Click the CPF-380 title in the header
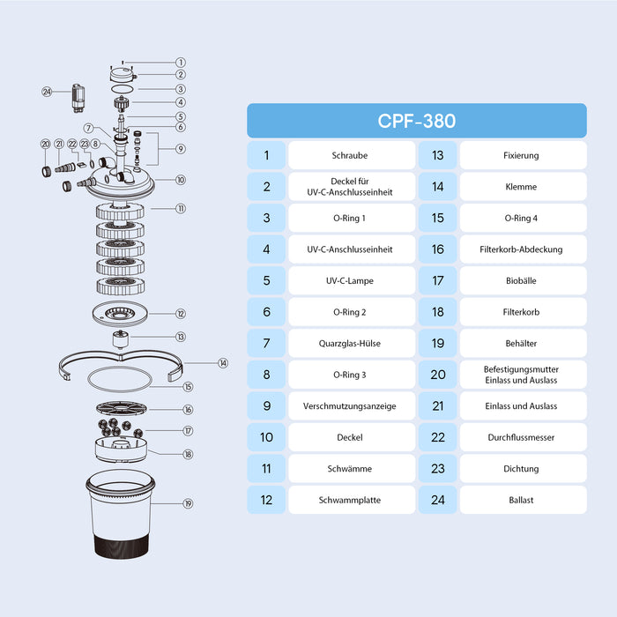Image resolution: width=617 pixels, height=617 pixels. click(416, 121)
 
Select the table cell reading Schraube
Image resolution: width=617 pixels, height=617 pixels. click(351, 155)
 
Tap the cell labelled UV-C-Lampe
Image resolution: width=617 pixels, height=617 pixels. click(351, 280)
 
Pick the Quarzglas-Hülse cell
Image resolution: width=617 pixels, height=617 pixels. click(351, 343)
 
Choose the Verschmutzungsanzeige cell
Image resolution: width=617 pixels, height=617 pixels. click(351, 405)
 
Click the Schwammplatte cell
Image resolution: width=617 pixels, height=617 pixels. click(351, 500)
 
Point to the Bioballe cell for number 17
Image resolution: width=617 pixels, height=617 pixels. click(523, 280)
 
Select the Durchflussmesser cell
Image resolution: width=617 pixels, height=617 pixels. click(523, 437)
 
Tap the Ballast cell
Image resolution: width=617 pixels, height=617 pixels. click(523, 500)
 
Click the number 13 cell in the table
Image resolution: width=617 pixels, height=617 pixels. click(437, 155)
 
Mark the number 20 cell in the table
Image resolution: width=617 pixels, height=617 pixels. click(437, 375)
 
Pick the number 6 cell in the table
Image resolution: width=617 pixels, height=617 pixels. click(266, 312)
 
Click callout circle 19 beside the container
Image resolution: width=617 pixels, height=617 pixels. click(188, 504)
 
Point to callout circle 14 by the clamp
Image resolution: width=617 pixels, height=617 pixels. click(198, 362)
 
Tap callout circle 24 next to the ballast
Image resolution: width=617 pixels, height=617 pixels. click(47, 90)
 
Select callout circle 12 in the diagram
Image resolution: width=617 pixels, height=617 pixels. click(180, 313)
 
